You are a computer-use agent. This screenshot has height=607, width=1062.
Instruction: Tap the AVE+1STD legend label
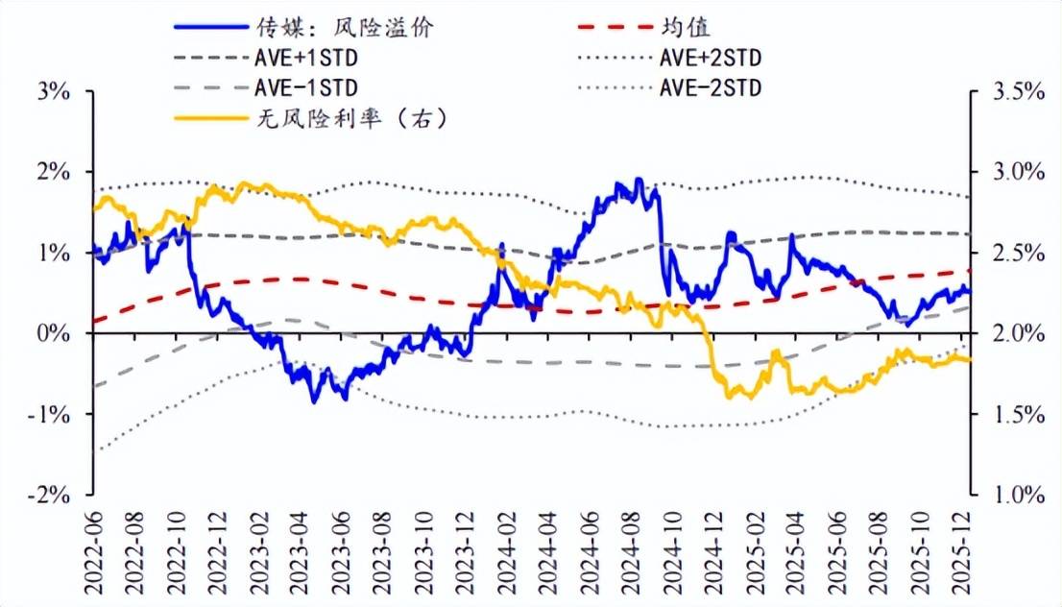[x=306, y=58]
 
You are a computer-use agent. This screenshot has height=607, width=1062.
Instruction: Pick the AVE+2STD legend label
[x=712, y=58]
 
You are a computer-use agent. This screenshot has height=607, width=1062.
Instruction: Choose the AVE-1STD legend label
[x=306, y=88]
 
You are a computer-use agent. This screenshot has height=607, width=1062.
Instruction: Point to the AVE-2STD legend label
[x=712, y=88]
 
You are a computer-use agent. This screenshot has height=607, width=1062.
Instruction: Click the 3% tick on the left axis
[x=53, y=92]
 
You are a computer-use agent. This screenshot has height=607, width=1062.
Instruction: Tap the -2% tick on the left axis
[x=49, y=496]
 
